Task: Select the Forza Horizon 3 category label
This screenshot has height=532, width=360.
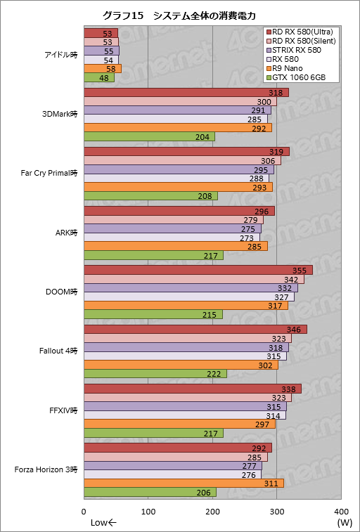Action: point(50,469)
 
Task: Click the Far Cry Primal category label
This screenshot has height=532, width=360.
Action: point(50,172)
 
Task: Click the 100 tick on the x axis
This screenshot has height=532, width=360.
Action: point(148,511)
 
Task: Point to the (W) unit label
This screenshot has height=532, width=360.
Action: point(344,522)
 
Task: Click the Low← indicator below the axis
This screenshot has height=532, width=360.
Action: point(103,522)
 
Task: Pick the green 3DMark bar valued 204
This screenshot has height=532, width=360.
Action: point(141,136)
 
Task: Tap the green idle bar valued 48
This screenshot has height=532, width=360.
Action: point(99,77)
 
